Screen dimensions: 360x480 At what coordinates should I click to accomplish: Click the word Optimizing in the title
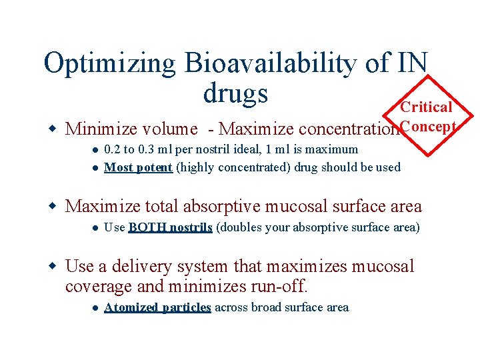pyautogui.click(x=109, y=63)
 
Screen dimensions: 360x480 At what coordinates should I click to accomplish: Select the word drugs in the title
pyautogui.click(x=235, y=93)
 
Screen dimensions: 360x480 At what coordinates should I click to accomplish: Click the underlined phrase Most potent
pyautogui.click(x=139, y=167)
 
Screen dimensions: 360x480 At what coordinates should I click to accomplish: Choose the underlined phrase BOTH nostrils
pyautogui.click(x=170, y=227)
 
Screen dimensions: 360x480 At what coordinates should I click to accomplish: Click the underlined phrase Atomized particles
pyautogui.click(x=158, y=307)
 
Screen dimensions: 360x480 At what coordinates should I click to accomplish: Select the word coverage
pyautogui.click(x=99, y=287)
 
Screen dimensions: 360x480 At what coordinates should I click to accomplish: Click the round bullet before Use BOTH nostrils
pyautogui.click(x=95, y=228)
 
